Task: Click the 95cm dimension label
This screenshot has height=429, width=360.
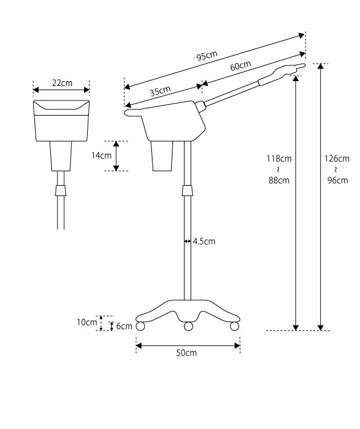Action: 207,56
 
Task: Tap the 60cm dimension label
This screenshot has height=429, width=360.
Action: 240,66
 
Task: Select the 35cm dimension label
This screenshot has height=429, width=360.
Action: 160,91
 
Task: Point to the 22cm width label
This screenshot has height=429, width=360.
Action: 62,83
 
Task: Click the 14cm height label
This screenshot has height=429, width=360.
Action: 101,156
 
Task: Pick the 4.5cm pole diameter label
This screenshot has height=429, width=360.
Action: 204,241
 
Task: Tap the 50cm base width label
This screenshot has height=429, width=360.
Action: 186,353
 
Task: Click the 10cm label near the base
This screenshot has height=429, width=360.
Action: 87,323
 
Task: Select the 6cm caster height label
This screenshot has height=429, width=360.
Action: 124,326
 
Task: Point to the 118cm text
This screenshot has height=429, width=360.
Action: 279,159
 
